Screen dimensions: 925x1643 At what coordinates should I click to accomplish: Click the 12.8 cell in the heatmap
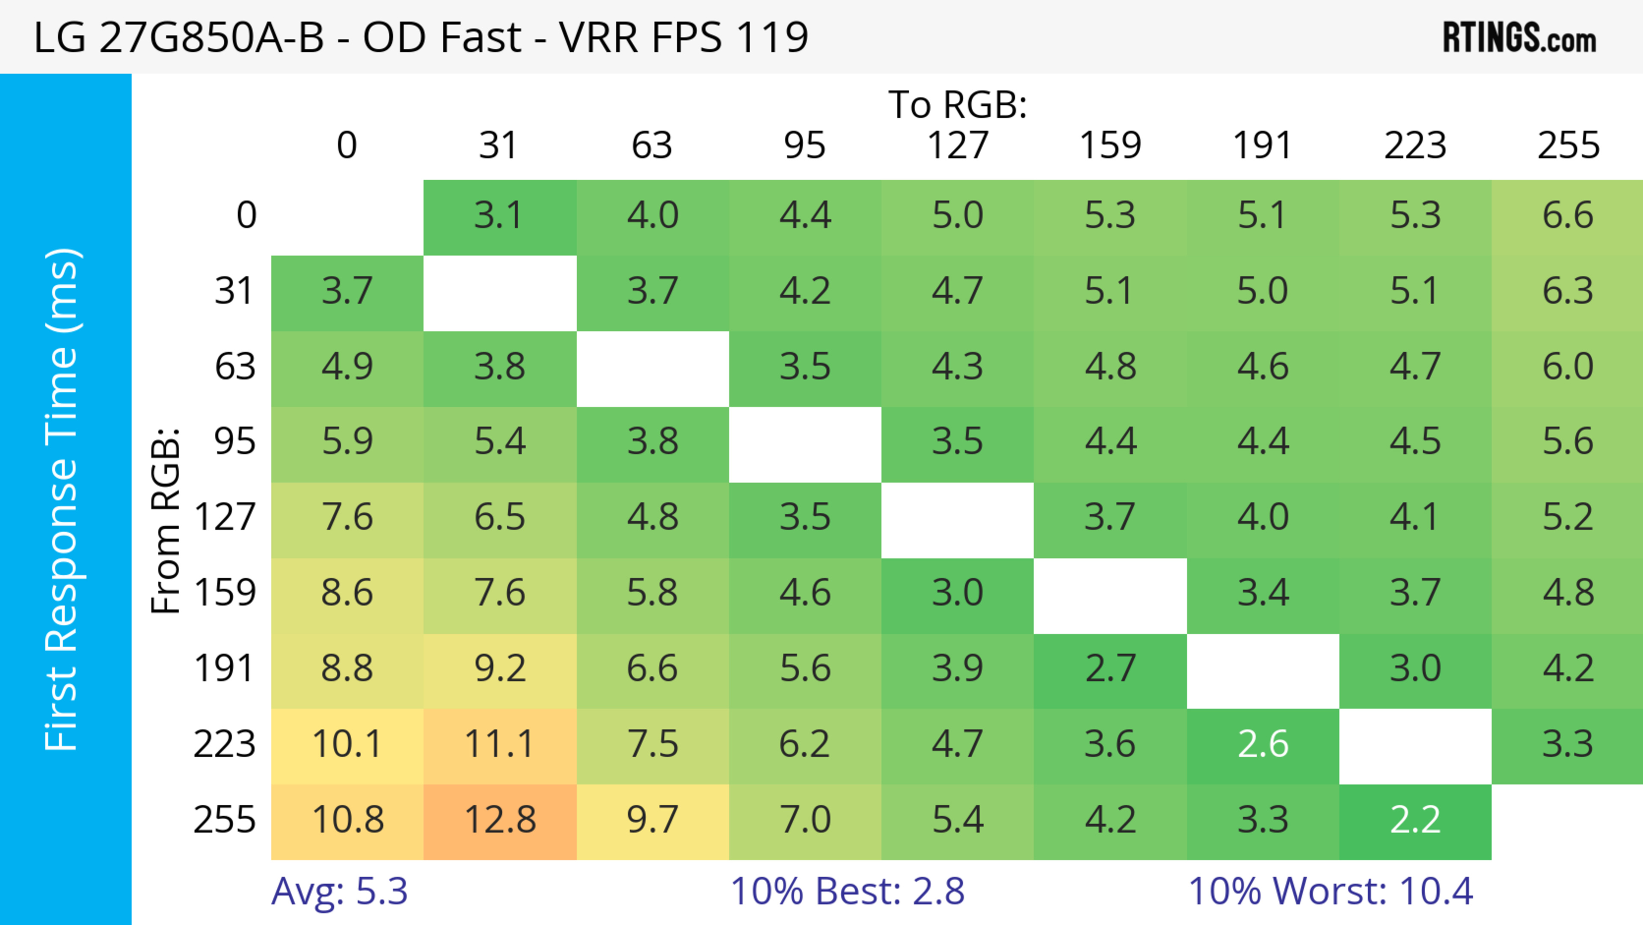(x=500, y=821)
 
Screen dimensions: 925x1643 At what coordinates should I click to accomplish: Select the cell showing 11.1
(x=500, y=745)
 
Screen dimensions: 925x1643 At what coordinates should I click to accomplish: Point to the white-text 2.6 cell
(x=1263, y=745)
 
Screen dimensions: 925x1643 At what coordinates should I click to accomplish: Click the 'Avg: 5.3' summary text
(x=339, y=892)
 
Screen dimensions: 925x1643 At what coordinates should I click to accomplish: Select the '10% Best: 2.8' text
(x=847, y=892)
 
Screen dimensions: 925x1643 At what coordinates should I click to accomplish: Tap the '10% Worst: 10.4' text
(x=1331, y=892)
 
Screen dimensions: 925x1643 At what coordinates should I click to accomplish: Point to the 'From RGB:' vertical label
(x=166, y=520)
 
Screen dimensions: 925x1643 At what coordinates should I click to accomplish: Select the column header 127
(x=958, y=146)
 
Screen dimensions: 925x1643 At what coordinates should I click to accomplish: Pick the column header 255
(x=1568, y=146)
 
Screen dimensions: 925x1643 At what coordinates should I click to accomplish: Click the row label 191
(x=225, y=669)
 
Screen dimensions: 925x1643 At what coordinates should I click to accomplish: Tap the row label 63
(x=235, y=367)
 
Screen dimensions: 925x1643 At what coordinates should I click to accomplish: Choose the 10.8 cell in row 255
(x=347, y=821)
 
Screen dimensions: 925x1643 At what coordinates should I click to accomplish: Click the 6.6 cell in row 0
(x=1568, y=216)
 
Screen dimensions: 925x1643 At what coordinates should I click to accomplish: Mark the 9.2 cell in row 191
(x=500, y=669)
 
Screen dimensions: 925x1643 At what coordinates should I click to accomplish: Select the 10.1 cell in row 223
(x=347, y=745)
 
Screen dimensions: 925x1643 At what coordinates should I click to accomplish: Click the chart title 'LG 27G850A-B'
(x=178, y=37)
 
